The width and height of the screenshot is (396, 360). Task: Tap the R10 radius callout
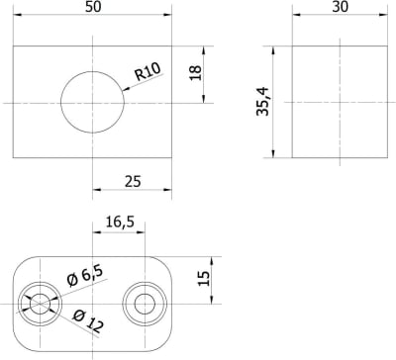click(x=148, y=72)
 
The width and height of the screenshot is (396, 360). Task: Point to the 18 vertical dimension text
click(x=195, y=73)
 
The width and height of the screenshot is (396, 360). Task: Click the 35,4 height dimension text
click(x=261, y=101)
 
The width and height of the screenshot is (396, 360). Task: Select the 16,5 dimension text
click(x=119, y=224)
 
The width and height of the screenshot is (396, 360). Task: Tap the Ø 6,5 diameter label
click(x=85, y=278)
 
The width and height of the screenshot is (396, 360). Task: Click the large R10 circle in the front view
click(x=92, y=102)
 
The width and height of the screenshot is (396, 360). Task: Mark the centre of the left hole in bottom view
click(x=40, y=304)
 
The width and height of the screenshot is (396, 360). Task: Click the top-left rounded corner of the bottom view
click(x=22, y=262)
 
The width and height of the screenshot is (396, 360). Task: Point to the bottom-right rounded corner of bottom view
click(x=164, y=345)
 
